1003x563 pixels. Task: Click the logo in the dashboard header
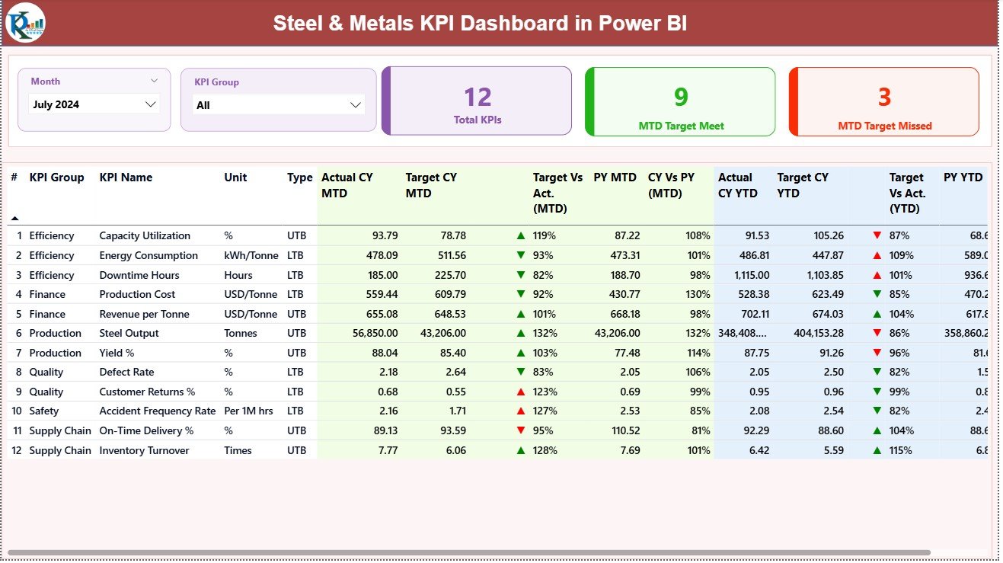(25, 23)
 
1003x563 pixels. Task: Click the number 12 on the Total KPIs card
(478, 97)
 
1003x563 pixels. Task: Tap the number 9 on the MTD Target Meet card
(681, 97)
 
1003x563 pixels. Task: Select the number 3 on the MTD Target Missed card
(884, 97)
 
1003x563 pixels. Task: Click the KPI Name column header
(126, 178)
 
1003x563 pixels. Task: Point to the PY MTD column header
(615, 178)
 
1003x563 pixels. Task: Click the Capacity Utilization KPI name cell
(145, 236)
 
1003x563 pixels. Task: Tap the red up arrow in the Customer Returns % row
(521, 392)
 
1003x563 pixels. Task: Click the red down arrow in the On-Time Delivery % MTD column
(521, 430)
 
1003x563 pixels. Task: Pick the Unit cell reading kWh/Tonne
(249, 256)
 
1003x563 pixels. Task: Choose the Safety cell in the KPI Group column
(44, 411)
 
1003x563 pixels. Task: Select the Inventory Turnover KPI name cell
(144, 450)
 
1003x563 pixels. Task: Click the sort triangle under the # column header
(14, 219)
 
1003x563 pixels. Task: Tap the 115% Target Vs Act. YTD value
(904, 450)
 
